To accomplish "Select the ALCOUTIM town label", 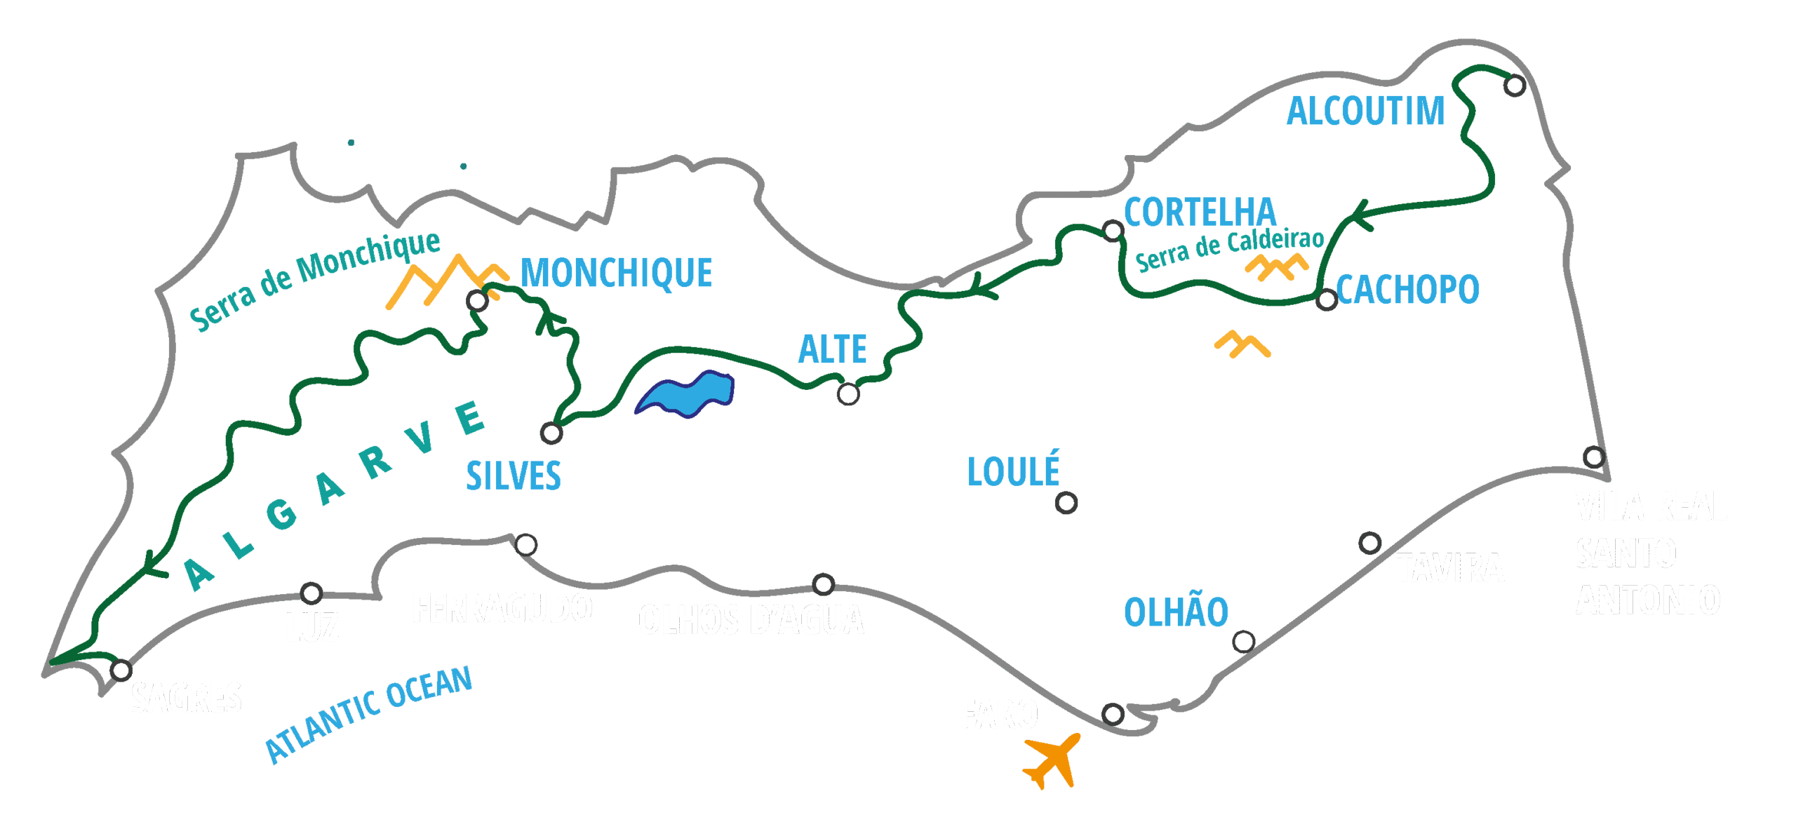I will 1365,112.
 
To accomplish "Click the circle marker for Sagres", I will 121,670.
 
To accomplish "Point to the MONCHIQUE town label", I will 616,273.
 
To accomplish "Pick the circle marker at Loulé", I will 1066,503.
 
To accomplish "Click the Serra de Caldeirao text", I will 1229,249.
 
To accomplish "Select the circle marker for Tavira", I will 1370,543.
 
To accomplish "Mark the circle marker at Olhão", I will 1244,642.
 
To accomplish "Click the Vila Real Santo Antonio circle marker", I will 1594,457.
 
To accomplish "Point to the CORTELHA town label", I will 1200,213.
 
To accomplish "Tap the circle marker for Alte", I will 848,394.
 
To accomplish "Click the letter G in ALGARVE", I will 282,514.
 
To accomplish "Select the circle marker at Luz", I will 311,593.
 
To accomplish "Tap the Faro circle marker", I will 1113,714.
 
